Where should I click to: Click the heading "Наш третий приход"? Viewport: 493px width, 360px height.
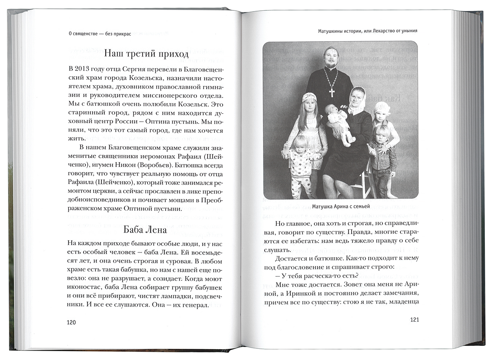tap(146, 53)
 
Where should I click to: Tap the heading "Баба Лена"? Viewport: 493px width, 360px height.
tap(145, 230)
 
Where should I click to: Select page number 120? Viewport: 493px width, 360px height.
tap(72, 322)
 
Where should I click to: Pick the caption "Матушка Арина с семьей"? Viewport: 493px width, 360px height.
tap(341, 206)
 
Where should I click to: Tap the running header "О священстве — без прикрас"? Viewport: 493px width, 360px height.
tap(97, 34)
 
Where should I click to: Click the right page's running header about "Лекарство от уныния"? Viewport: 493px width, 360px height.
tap(368, 31)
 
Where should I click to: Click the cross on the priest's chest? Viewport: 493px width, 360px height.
tap(332, 92)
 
